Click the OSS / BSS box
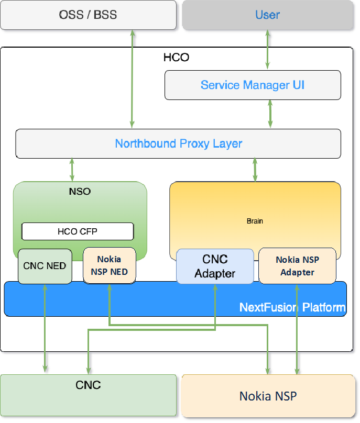tap(88, 15)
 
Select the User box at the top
tap(267, 15)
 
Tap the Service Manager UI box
tap(253, 85)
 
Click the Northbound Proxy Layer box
tap(178, 143)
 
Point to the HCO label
tap(176, 57)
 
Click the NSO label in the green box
tap(80, 191)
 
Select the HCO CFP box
tap(78, 231)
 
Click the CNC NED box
tap(45, 266)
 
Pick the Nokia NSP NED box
tap(109, 265)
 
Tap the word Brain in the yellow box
tap(255, 221)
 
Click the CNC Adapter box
tap(215, 266)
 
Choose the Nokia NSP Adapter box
tap(297, 266)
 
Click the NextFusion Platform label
tap(292, 307)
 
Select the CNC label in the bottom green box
tap(88, 385)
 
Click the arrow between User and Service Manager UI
tap(268, 50)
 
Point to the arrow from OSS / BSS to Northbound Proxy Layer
tap(133, 79)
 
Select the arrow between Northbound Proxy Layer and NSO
tap(72, 170)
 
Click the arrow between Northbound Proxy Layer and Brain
tap(255, 170)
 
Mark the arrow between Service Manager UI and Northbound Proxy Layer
tap(270, 114)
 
